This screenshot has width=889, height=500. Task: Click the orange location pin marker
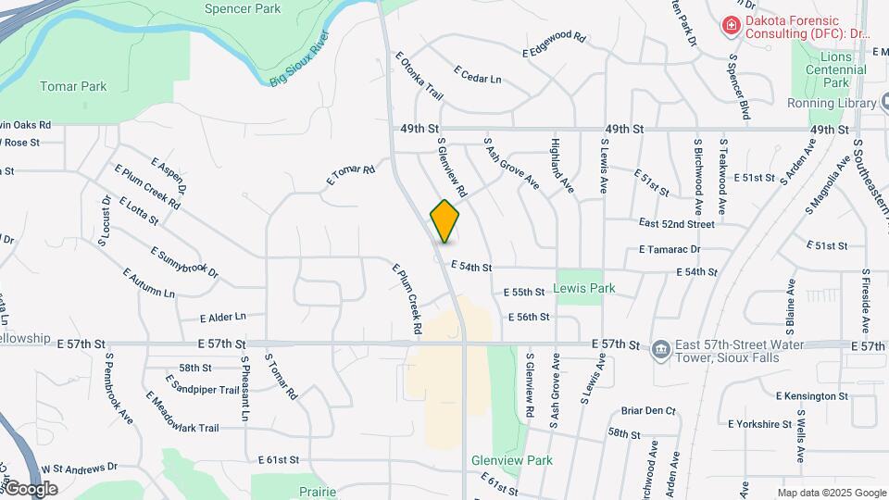(444, 220)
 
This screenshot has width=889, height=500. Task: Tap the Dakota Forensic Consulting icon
(731, 25)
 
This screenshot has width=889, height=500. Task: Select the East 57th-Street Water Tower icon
(660, 348)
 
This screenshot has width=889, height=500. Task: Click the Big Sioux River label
(301, 60)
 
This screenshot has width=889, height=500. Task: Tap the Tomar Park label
(73, 86)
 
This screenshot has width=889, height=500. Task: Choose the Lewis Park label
(583, 288)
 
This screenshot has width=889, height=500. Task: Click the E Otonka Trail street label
(419, 75)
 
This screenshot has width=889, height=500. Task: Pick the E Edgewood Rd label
(555, 44)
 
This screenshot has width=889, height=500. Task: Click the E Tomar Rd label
(350, 175)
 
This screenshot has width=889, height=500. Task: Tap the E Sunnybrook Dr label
(182, 264)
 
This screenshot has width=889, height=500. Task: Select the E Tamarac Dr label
(670, 249)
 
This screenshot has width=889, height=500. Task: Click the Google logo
(31, 489)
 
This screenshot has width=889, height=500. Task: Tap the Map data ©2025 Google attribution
(831, 493)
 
